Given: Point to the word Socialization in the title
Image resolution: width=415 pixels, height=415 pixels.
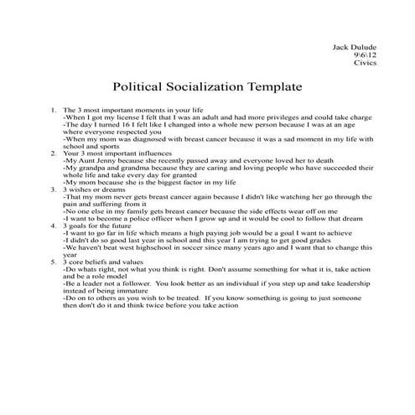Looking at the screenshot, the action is [205, 86].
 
